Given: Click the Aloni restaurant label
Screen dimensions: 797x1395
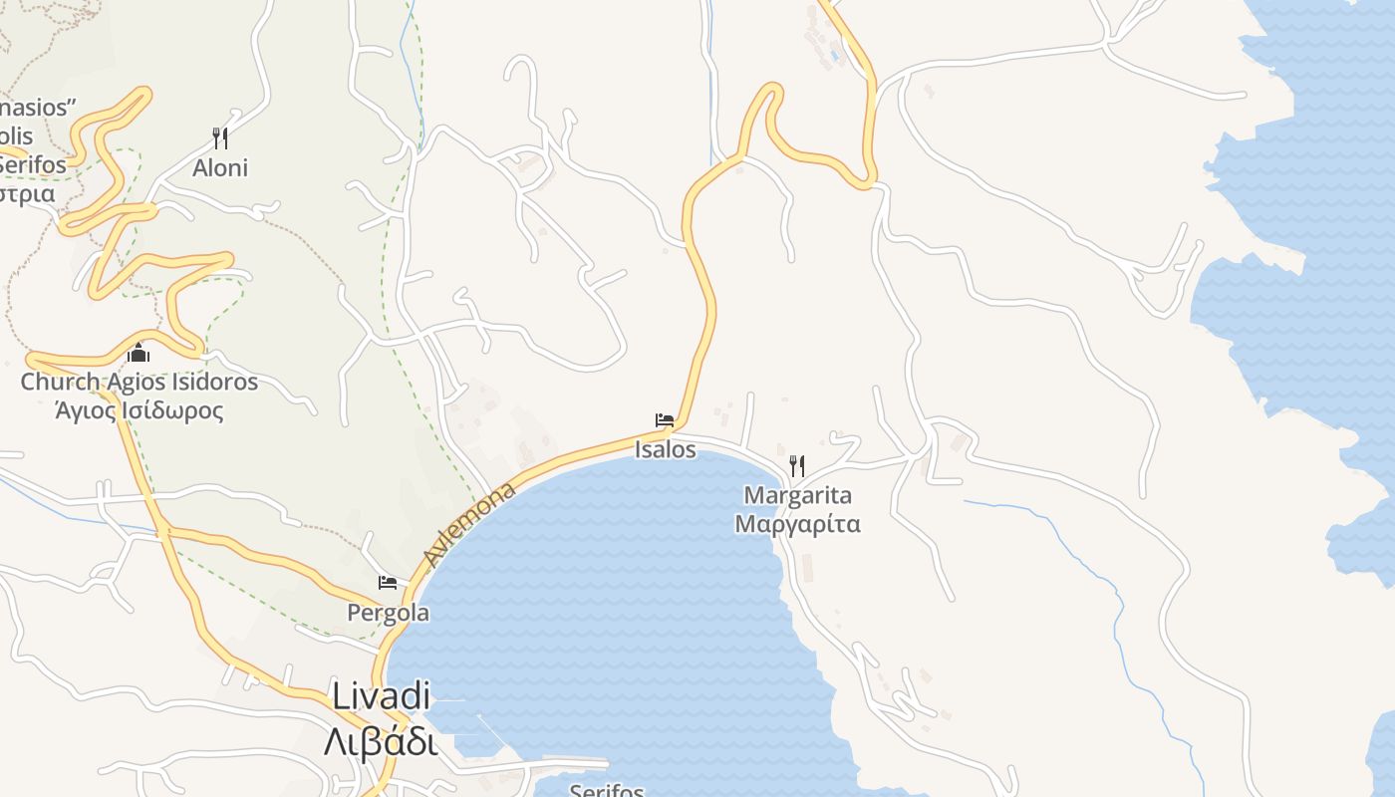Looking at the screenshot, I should pos(220,167).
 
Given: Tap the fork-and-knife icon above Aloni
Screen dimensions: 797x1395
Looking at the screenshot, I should pos(220,137).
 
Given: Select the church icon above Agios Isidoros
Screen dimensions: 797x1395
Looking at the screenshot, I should pos(138,353).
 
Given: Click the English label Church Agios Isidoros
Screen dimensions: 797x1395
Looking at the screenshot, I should pos(139,382).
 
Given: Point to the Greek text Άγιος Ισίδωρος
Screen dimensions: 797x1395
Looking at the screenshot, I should pos(139,409).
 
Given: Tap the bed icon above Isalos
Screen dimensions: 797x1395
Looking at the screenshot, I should pos(665,420).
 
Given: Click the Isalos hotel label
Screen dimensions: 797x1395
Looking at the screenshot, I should pos(666,449).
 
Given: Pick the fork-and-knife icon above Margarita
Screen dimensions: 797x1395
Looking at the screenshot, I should pos(796,465).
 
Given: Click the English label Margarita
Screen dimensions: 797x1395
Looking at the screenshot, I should pos(798,495).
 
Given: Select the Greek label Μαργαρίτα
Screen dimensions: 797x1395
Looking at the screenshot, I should pos(797,524).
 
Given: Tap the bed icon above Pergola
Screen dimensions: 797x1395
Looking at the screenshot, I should pos(388,583).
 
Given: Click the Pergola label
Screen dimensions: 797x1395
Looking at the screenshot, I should pos(388,613).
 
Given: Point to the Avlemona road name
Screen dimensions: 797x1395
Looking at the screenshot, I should pos(470,524).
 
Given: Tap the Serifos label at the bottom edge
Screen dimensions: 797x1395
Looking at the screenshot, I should pos(607,790).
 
